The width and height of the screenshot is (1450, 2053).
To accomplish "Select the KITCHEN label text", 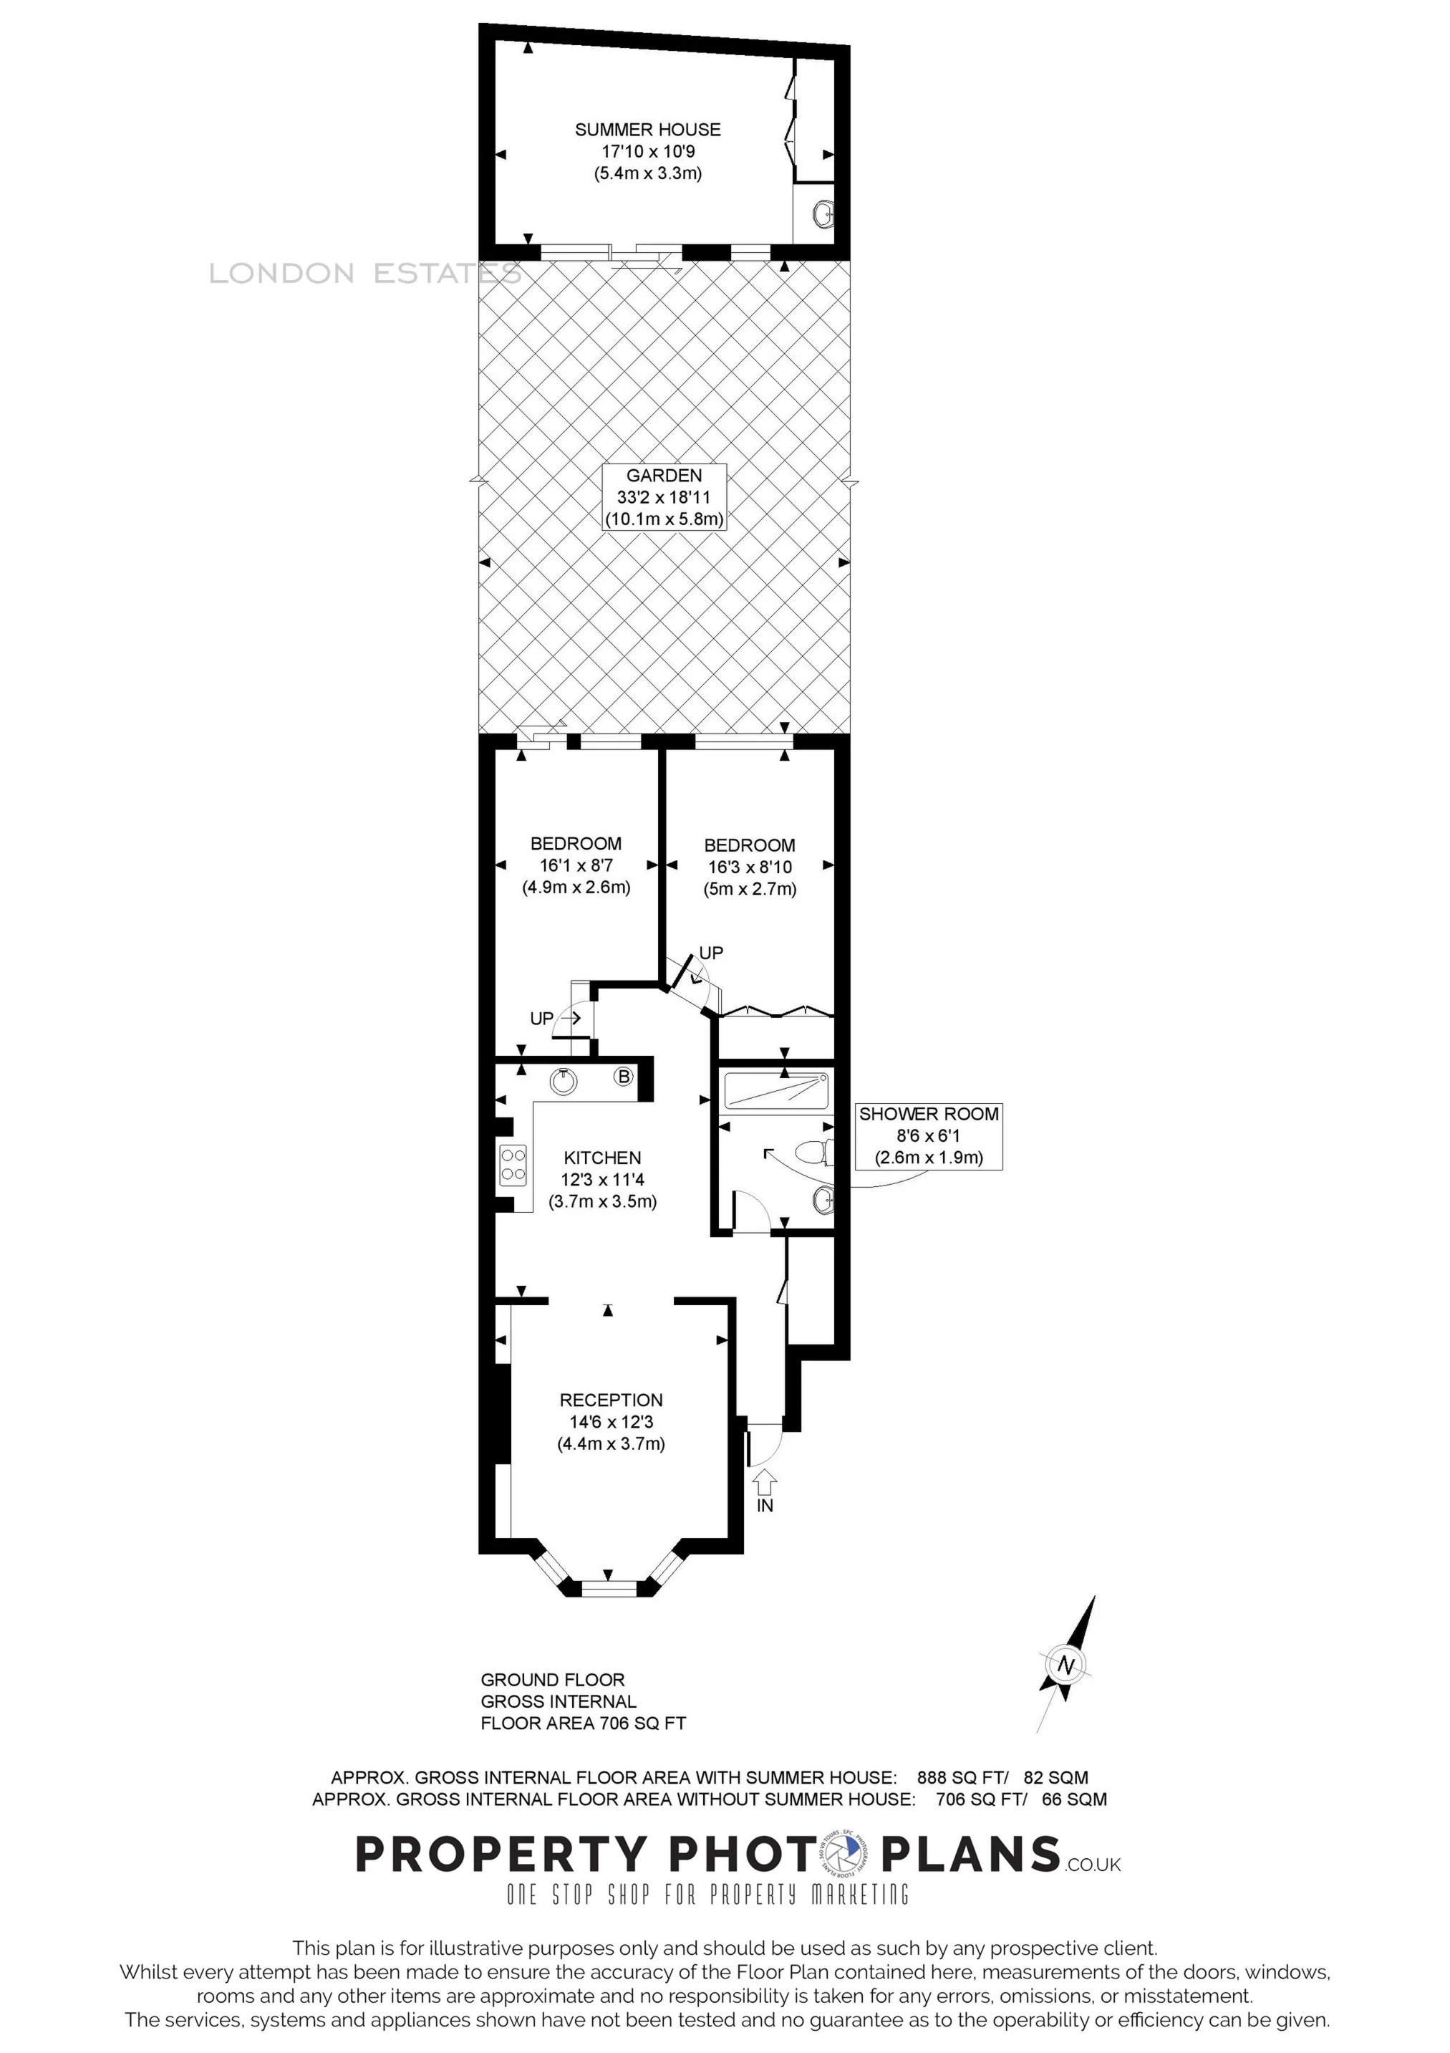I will pyautogui.click(x=601, y=1158).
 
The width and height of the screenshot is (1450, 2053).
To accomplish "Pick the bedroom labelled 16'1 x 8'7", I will pyautogui.click(x=576, y=865).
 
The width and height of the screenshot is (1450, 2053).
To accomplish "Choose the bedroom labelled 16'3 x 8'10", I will pyautogui.click(x=749, y=867).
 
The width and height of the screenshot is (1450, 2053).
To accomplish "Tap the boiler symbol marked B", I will pyautogui.click(x=624, y=1076).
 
